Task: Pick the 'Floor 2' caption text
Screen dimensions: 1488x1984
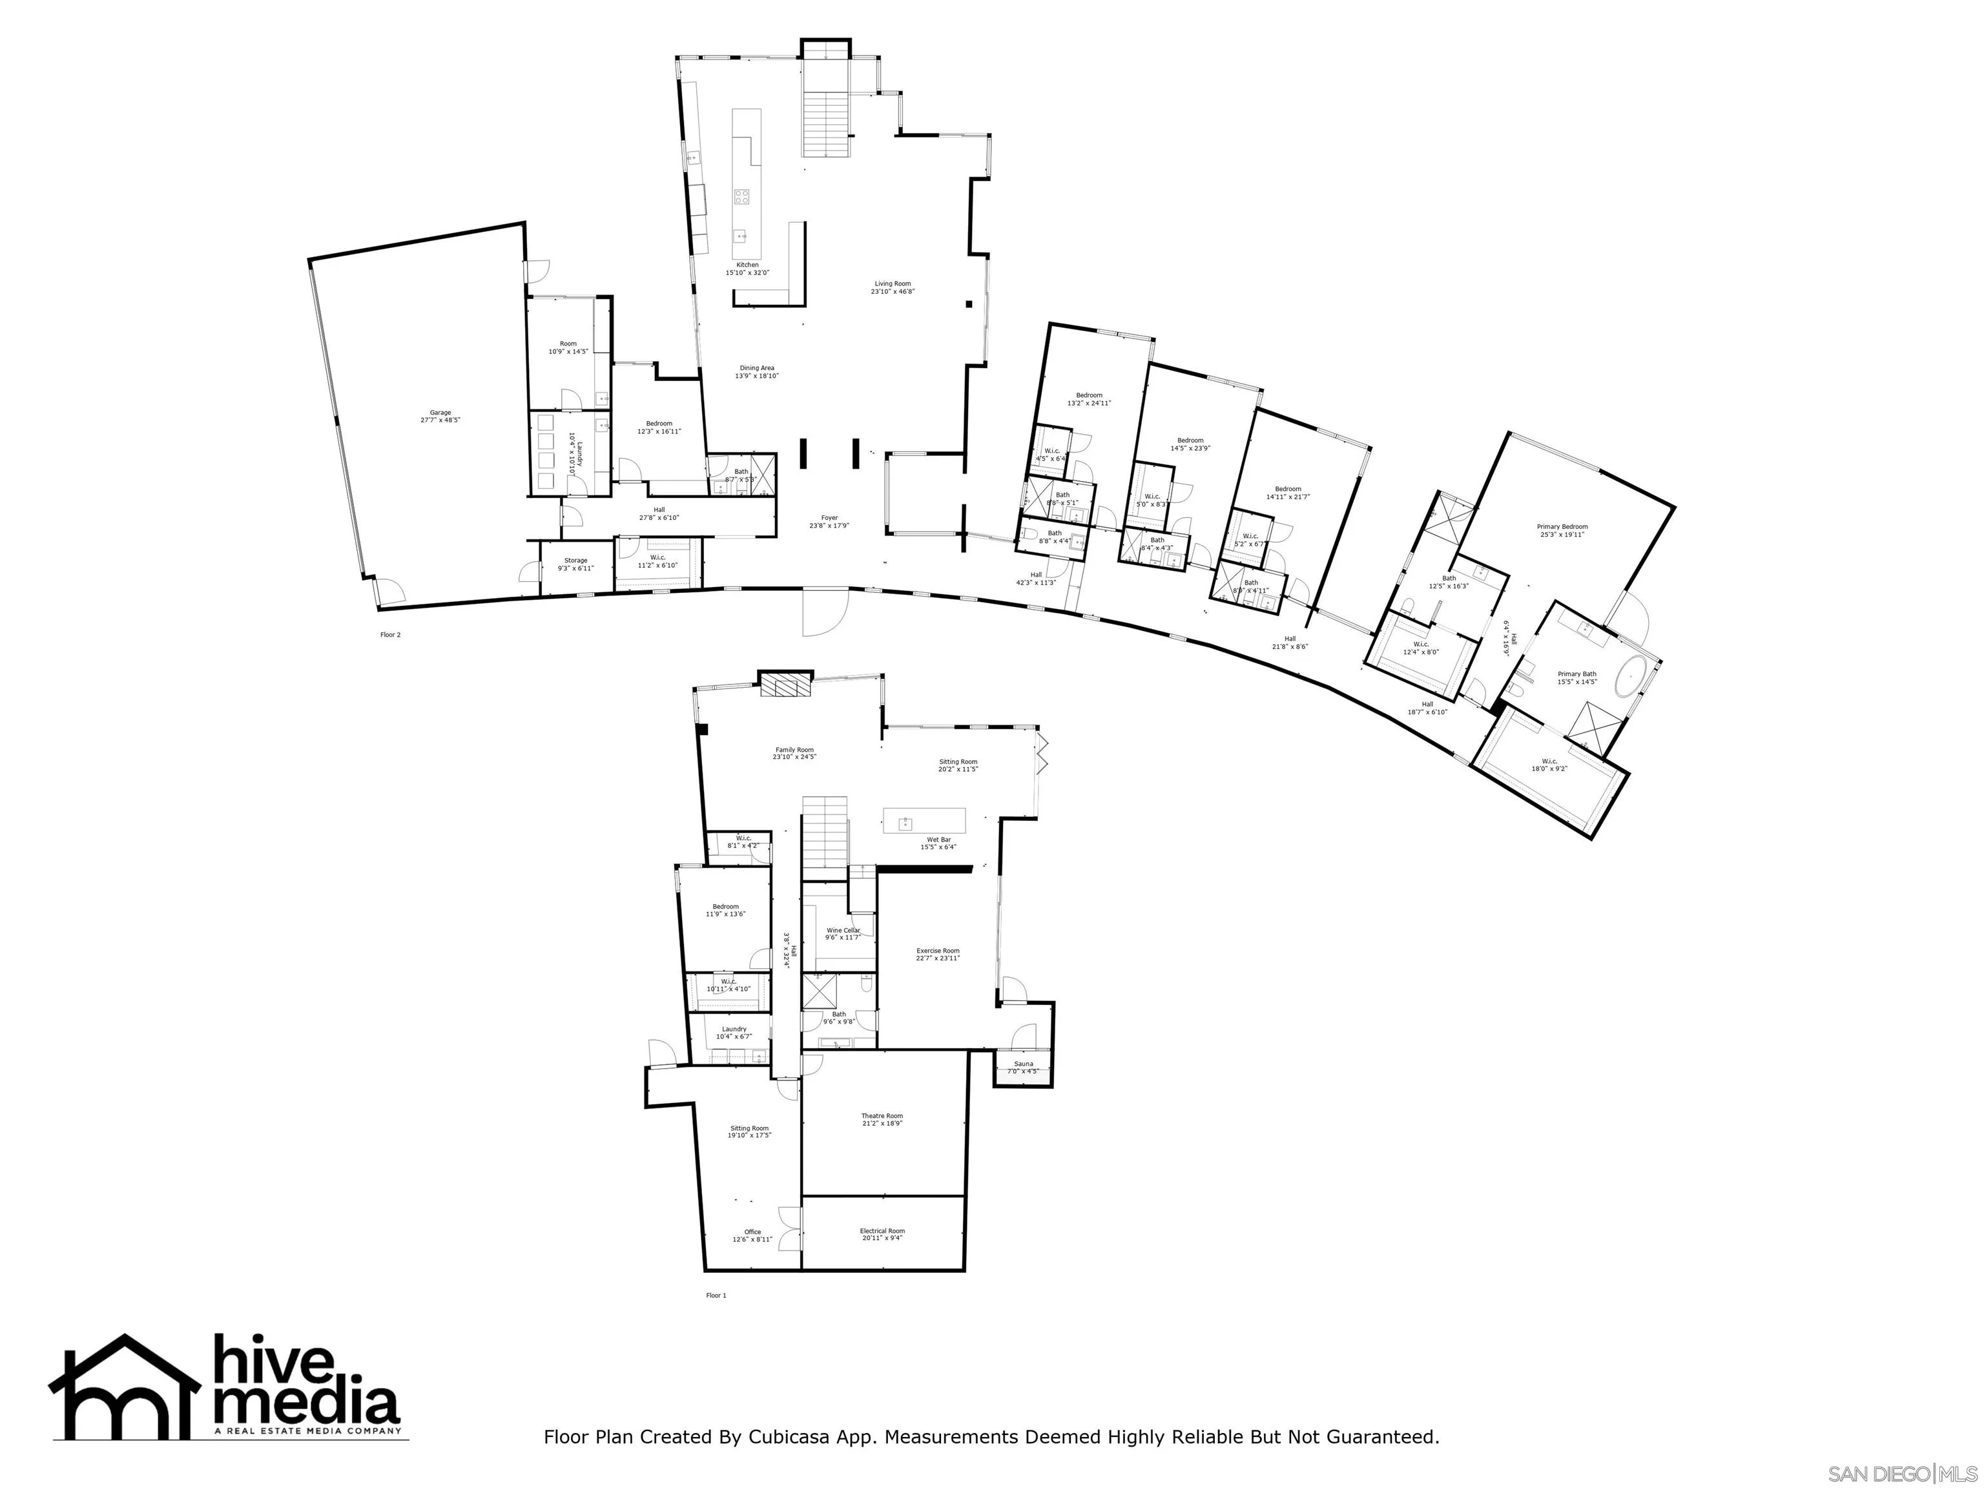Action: (x=390, y=635)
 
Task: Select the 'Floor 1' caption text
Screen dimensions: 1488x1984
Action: (x=716, y=1295)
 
